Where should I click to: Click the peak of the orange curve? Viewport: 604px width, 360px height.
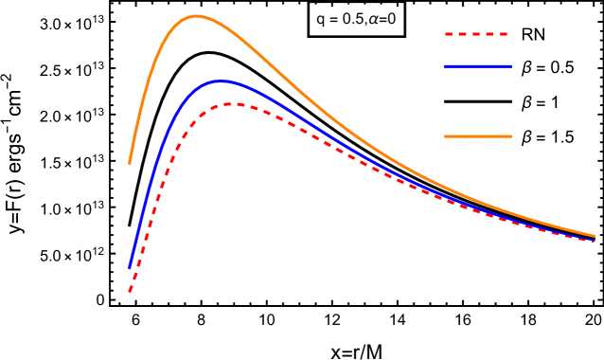[x=197, y=16]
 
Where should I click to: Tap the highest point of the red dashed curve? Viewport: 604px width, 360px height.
[x=230, y=104]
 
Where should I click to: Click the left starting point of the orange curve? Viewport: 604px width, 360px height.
[x=130, y=163]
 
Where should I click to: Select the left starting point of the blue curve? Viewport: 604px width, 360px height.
[x=130, y=268]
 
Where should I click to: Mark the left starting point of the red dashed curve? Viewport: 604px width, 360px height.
[x=130, y=292]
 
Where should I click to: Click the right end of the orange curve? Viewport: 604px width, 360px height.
[x=594, y=236]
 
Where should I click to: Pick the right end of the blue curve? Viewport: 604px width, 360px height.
[x=594, y=241]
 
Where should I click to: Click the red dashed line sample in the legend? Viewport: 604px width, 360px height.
[x=477, y=34]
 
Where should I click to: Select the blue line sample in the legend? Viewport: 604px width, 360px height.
[x=477, y=66]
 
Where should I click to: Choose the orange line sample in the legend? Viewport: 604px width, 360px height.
[x=477, y=136]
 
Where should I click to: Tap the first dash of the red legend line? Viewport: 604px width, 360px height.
[x=450, y=34]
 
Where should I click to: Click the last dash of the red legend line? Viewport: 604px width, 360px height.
[x=504, y=34]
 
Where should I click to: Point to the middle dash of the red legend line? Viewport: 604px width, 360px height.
[x=477, y=34]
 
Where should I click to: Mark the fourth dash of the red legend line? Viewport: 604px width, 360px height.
[x=490, y=34]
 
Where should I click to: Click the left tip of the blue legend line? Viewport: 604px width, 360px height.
[x=445, y=66]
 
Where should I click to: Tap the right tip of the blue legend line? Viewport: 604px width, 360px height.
[x=511, y=66]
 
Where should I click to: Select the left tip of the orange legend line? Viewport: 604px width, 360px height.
[x=445, y=136]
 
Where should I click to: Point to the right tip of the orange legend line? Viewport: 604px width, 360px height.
[x=511, y=136]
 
